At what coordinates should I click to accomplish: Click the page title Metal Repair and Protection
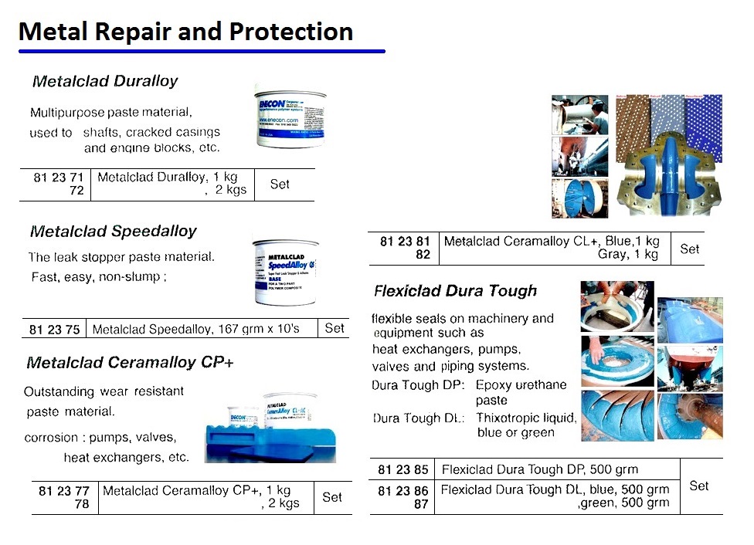(185, 32)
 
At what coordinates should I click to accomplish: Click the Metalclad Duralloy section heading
(105, 81)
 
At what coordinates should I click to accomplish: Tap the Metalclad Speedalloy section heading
(114, 232)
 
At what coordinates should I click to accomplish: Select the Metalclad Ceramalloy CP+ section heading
(130, 363)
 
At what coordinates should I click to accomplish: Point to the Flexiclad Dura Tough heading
(455, 291)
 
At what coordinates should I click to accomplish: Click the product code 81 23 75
(54, 330)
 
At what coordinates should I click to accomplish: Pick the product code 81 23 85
(402, 469)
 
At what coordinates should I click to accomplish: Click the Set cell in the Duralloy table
(280, 184)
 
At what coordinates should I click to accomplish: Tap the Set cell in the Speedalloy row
(335, 328)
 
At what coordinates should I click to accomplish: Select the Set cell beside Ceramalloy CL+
(689, 249)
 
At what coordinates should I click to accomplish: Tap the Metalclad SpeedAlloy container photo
(285, 272)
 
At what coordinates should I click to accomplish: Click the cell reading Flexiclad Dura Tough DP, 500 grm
(540, 469)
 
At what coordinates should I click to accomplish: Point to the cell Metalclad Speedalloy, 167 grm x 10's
(195, 330)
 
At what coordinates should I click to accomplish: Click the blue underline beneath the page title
(201, 52)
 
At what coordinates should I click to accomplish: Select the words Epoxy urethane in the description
(521, 384)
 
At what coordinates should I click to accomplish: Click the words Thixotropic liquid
(526, 418)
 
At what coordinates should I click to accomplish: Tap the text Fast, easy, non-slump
(98, 276)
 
